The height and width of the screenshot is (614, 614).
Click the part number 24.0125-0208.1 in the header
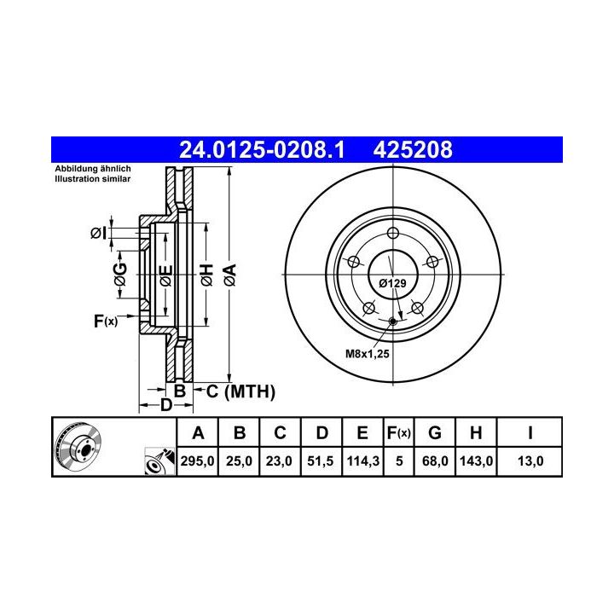262,149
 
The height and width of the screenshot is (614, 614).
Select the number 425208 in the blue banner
413,149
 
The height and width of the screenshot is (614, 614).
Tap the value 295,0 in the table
197,460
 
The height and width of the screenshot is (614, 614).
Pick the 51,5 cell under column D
321,460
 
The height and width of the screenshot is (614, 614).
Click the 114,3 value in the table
362,460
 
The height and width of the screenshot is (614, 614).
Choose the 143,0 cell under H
476,460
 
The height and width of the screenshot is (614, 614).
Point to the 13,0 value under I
530,460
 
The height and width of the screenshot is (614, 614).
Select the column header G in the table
435,433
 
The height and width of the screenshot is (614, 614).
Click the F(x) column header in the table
398,433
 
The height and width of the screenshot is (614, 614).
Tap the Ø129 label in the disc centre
392,283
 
